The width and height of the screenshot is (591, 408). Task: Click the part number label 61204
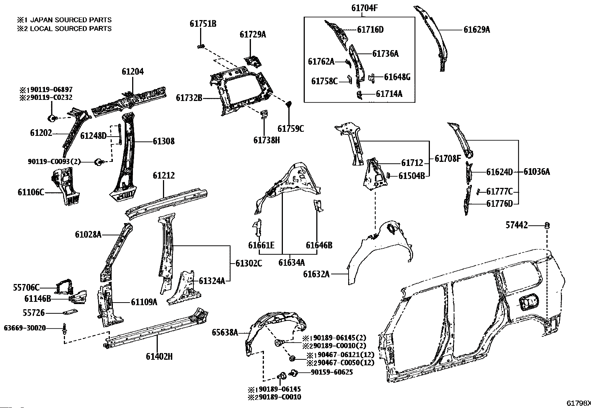point(133,72)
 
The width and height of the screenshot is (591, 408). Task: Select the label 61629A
point(476,30)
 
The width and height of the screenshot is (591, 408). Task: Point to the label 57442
point(516,225)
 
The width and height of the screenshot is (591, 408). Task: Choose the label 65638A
point(225,333)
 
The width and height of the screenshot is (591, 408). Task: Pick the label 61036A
point(536,172)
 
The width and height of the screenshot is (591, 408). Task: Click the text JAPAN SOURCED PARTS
point(71,20)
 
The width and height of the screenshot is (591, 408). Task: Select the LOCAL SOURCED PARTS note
point(71,28)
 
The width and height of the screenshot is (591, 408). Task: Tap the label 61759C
point(291,129)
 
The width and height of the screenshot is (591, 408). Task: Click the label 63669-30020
point(25,328)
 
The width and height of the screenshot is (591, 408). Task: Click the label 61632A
point(316,274)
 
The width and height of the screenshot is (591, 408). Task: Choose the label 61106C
point(31,192)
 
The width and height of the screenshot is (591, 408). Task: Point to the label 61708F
point(448,159)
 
